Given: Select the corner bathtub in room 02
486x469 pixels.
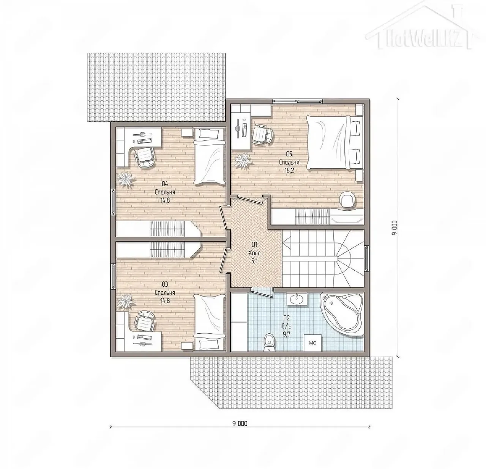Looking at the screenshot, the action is [342, 315].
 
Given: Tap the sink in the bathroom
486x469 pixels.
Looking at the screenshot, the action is [297, 299].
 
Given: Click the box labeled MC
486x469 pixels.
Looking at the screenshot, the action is [312, 343].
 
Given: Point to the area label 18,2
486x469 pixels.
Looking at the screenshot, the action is [289, 171].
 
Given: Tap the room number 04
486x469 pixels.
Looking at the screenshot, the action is [165, 184].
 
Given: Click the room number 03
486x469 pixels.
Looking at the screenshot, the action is [165, 284].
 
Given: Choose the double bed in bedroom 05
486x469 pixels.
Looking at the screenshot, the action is [334, 143].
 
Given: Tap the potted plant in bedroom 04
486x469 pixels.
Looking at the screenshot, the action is [126, 179].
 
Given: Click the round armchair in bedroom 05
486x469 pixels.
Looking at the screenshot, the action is [347, 199].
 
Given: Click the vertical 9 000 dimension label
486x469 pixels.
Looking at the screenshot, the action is [394, 228].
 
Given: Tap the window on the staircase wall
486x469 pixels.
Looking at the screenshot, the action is [367, 259].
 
